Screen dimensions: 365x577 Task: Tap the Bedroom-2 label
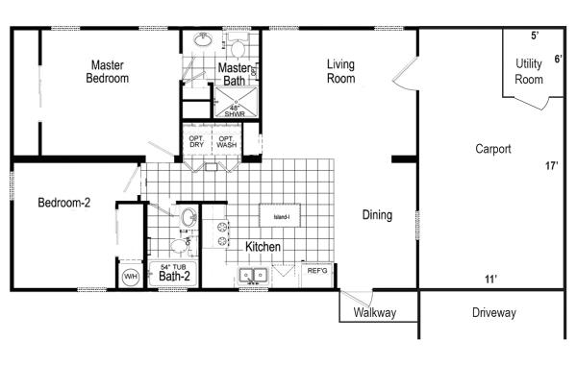pos(63,203)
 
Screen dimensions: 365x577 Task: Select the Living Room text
pos(340,72)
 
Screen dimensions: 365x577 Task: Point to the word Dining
pos(377,215)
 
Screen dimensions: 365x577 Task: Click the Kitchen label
pos(263,247)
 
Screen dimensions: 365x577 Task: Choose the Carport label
pos(492,149)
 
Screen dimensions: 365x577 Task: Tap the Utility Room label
pos(529,71)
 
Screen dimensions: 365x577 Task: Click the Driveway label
pos(494,313)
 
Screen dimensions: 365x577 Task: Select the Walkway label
pos(374,313)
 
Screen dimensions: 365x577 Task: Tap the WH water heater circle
pos(131,277)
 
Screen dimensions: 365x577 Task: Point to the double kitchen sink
pos(254,276)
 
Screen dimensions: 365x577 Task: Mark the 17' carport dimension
pos(551,166)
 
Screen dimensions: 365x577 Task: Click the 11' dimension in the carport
pos(489,280)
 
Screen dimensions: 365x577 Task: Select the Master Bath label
pos(234,75)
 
